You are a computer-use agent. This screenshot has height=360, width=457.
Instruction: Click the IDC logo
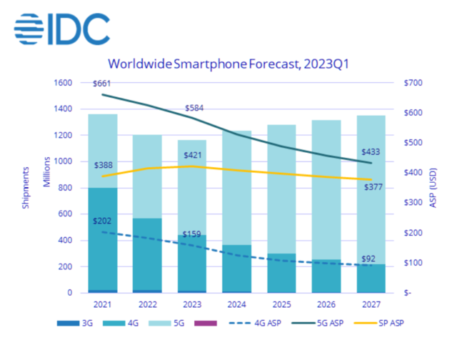click(x=61, y=28)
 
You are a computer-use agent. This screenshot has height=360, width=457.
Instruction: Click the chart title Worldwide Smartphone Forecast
click(x=228, y=64)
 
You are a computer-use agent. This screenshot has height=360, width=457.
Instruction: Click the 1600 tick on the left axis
click(x=64, y=83)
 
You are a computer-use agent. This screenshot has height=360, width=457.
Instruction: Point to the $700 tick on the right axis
click(x=413, y=83)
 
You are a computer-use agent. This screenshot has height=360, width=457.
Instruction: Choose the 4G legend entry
click(x=129, y=323)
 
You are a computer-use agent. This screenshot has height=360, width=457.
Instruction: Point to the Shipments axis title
click(x=24, y=188)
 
